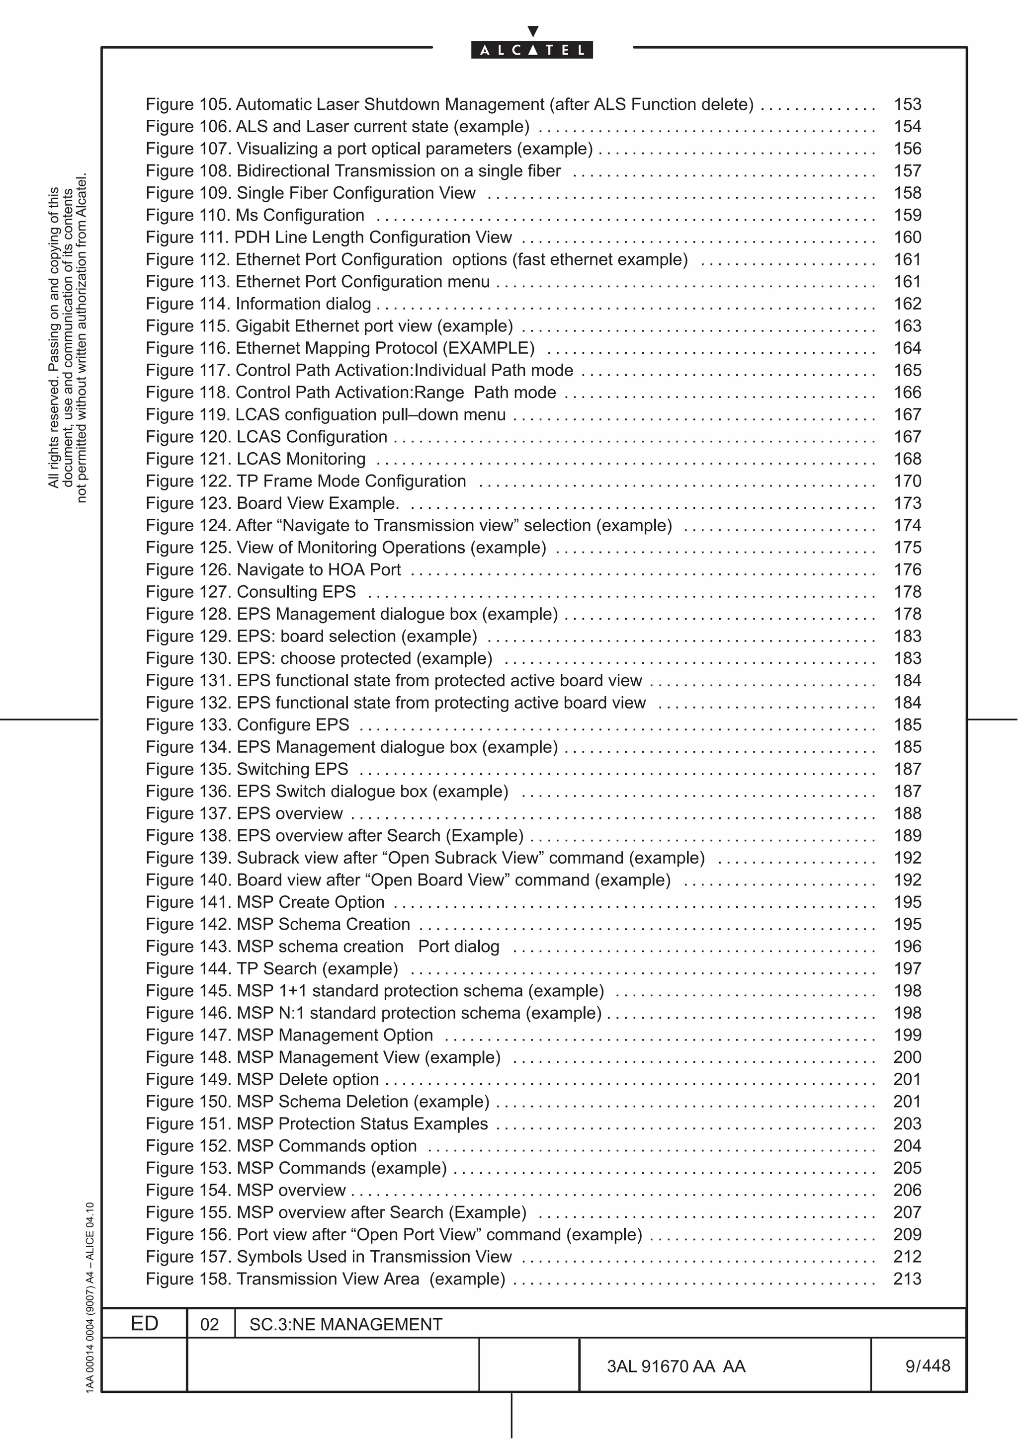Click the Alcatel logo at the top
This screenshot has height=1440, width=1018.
click(x=531, y=50)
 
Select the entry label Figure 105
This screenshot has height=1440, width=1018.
click(x=188, y=104)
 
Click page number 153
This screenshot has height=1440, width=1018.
click(x=907, y=104)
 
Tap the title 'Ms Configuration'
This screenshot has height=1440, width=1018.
click(x=300, y=215)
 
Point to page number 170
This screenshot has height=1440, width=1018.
click(x=907, y=481)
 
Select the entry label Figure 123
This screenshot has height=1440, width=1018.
click(x=188, y=503)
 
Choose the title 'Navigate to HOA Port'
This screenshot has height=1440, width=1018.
click(x=319, y=569)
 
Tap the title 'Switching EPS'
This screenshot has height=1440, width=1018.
click(x=292, y=769)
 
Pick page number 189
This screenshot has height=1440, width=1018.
click(x=907, y=835)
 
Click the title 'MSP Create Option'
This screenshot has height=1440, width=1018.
click(x=311, y=902)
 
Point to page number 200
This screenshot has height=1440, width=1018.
click(x=907, y=1057)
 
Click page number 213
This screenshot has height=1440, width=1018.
click(x=907, y=1279)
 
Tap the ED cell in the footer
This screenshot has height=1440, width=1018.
click(x=144, y=1323)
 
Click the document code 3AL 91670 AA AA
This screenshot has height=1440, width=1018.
click(x=676, y=1366)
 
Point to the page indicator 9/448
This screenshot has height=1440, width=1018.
click(x=927, y=1365)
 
